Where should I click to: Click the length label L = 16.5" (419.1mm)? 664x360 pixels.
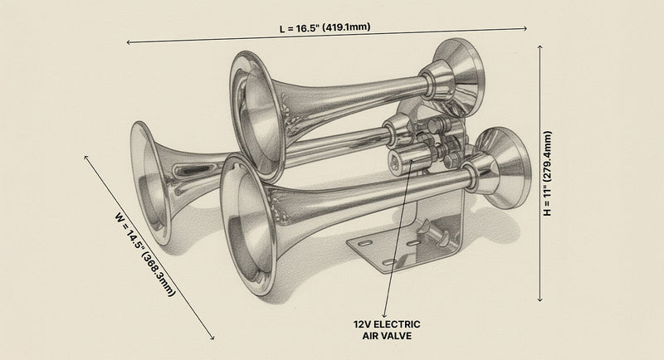click(325, 28)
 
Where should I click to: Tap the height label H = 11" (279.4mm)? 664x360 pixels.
click(548, 174)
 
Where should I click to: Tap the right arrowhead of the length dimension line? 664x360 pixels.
click(525, 29)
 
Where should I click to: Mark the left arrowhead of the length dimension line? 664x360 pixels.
click(129, 41)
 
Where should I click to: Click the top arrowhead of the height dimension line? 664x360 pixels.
click(540, 46)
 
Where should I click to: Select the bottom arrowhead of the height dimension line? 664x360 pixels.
click(540, 300)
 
